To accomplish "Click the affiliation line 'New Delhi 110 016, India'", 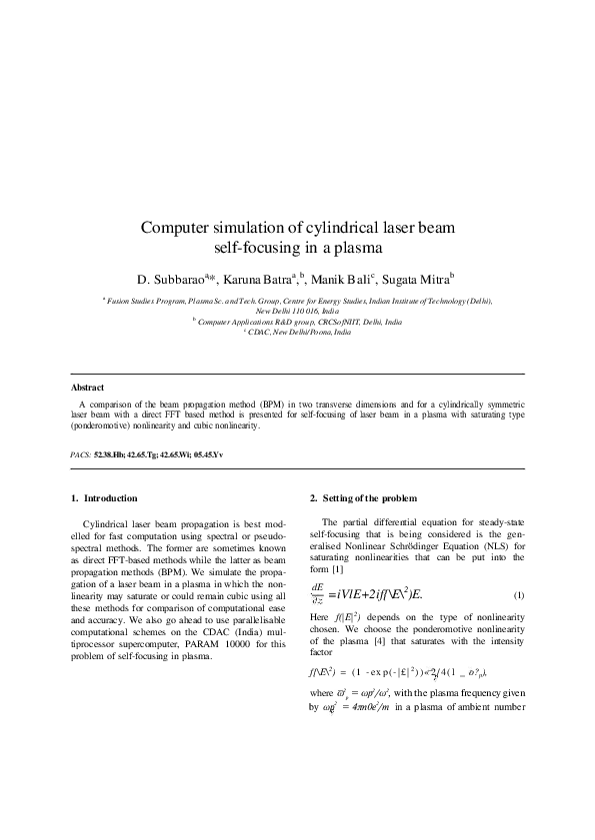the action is click(x=296, y=311).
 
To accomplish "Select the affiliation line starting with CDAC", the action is click(x=297, y=332).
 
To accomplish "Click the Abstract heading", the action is click(x=88, y=387).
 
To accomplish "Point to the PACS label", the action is click(x=80, y=453).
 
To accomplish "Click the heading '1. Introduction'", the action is click(x=104, y=497).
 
